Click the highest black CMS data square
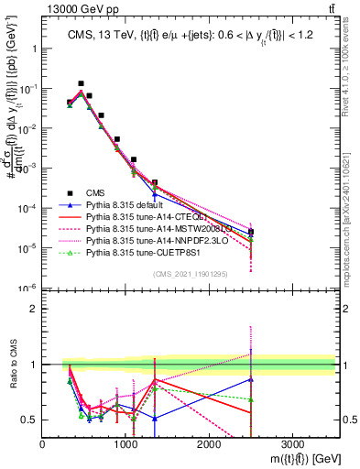point(81,83)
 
